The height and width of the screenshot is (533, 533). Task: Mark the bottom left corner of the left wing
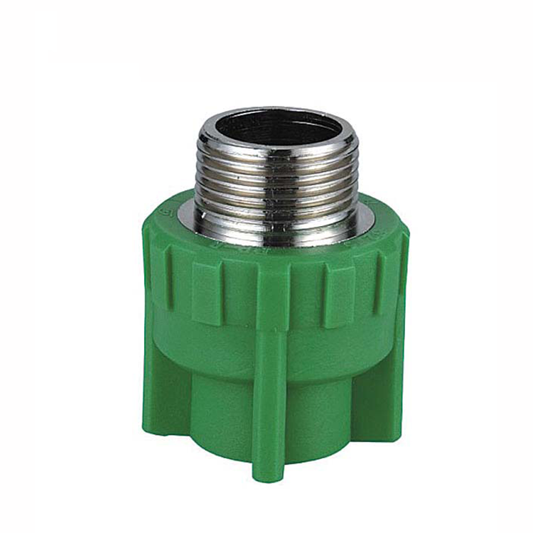pyautogui.click(x=149, y=430)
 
